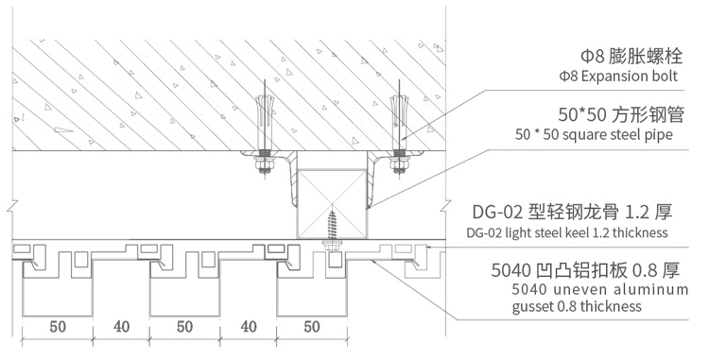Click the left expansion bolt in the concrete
[265, 117]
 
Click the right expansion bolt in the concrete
[399, 117]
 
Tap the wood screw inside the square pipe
[332, 224]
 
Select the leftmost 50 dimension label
[58, 327]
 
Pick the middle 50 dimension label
[185, 327]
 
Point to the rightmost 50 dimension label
[312, 327]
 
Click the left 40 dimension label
[121, 327]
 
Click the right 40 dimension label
[249, 327]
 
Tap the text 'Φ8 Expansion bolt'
[618, 76]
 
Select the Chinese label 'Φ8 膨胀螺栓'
[631, 57]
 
